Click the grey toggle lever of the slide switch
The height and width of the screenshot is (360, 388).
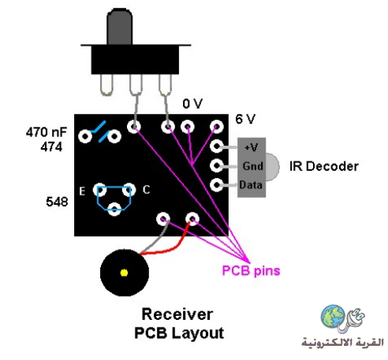(119, 27)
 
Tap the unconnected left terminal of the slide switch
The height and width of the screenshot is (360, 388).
(106, 85)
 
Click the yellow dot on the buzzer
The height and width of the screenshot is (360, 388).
(124, 273)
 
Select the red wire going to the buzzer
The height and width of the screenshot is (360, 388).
(168, 247)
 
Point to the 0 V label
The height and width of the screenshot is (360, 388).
(192, 104)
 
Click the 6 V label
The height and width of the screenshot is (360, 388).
(245, 119)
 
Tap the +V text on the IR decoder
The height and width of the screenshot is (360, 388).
(251, 147)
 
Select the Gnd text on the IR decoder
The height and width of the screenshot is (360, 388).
(252, 166)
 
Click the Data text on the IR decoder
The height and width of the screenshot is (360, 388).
(251, 185)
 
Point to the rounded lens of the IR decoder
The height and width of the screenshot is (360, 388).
(273, 167)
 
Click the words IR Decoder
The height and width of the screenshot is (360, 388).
(324, 166)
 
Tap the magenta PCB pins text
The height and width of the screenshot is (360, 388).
(251, 271)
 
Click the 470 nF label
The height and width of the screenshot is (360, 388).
(47, 132)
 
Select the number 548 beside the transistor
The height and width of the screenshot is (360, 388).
(57, 202)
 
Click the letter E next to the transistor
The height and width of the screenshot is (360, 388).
(82, 191)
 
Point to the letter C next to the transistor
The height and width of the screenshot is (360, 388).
(146, 190)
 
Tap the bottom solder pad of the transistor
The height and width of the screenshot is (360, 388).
(114, 210)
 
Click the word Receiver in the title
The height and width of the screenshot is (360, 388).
(177, 314)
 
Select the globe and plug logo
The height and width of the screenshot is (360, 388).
(342, 318)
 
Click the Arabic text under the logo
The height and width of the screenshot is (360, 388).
(342, 343)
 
